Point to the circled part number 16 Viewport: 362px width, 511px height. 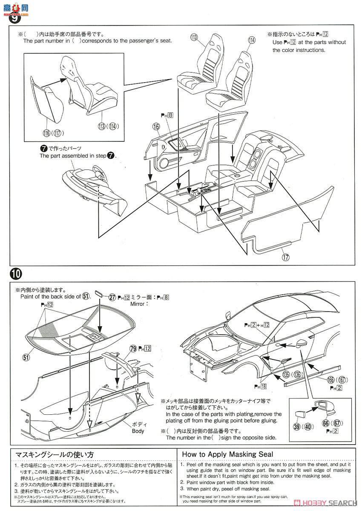pos(156,126)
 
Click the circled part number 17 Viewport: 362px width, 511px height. pos(285,256)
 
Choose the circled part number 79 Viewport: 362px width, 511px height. pos(133,349)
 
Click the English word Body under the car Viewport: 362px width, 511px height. pos(138,431)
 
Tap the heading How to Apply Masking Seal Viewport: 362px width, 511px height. pos(227,454)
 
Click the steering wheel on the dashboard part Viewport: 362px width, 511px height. pos(96,173)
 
